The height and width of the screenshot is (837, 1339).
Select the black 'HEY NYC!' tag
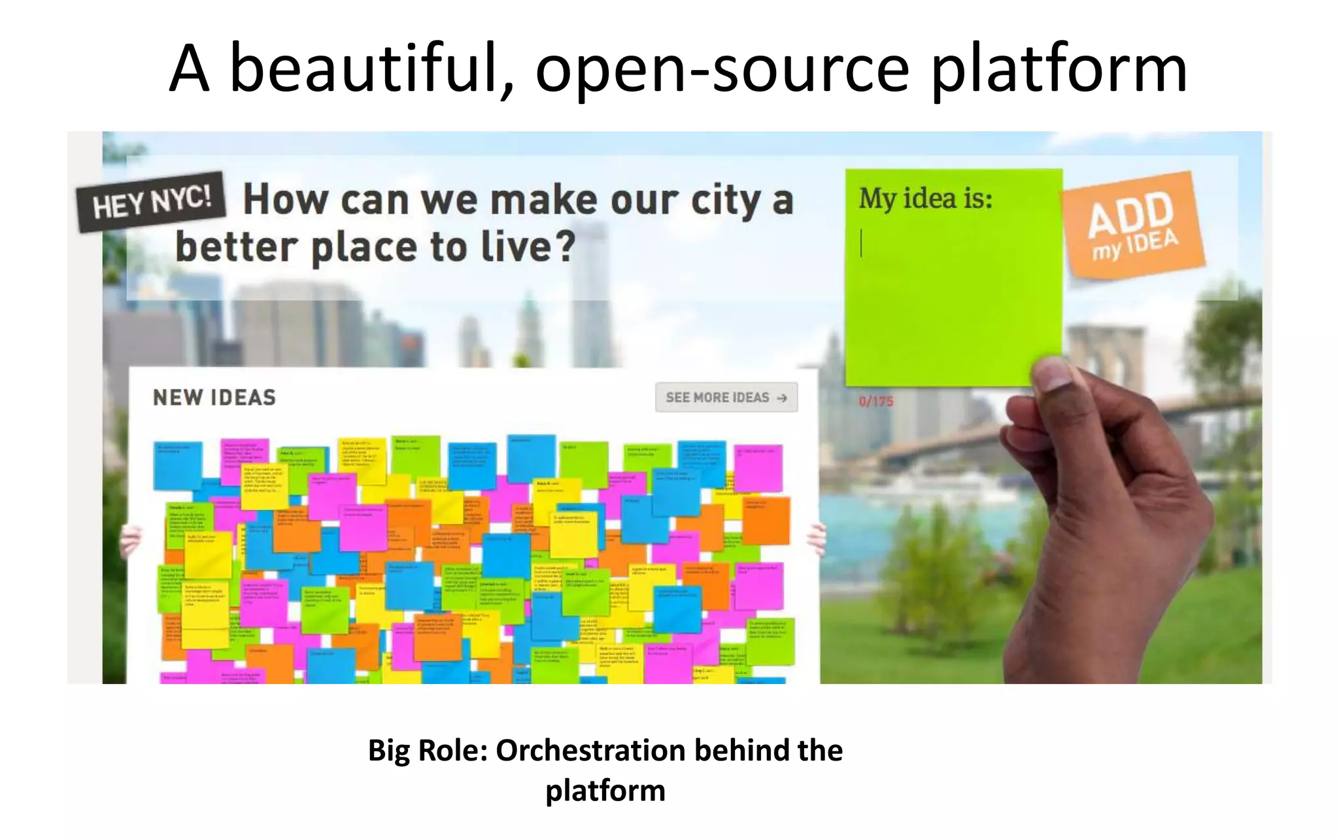tap(152, 201)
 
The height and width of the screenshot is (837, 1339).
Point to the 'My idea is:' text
tap(925, 198)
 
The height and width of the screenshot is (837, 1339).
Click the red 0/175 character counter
tap(875, 401)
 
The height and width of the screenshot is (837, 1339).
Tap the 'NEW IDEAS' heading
tap(214, 398)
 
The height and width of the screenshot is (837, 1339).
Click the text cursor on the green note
tap(861, 243)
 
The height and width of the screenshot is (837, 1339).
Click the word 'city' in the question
tap(724, 200)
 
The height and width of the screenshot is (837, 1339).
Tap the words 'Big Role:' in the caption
tap(428, 750)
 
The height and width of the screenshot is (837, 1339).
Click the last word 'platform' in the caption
tap(605, 791)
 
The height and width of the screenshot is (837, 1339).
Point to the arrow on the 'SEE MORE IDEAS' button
tap(782, 398)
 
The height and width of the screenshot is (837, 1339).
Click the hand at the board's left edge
tap(131, 540)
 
